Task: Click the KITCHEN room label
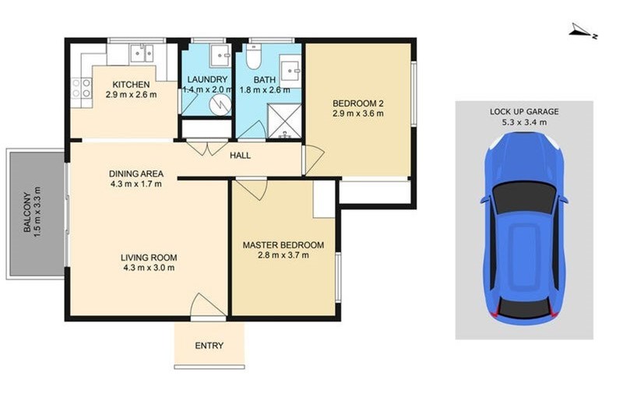[x=131, y=85]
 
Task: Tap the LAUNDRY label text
[x=207, y=79]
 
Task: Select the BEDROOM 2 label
[x=358, y=104]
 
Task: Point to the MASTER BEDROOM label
[x=283, y=245]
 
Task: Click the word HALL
[x=241, y=156]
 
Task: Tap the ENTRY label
[x=209, y=346]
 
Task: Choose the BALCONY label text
[x=27, y=213]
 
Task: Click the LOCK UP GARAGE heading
[x=524, y=111]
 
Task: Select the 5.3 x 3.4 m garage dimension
[x=524, y=122]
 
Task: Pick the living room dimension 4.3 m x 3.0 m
[x=149, y=268]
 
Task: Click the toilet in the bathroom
[x=253, y=56]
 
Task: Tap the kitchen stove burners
[x=81, y=88]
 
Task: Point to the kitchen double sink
[x=142, y=53]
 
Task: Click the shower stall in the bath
[x=284, y=121]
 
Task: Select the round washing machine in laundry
[x=220, y=104]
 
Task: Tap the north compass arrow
[x=582, y=32]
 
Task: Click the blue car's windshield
[x=523, y=198]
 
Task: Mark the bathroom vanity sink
[x=290, y=72]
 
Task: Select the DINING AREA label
[x=136, y=174]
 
